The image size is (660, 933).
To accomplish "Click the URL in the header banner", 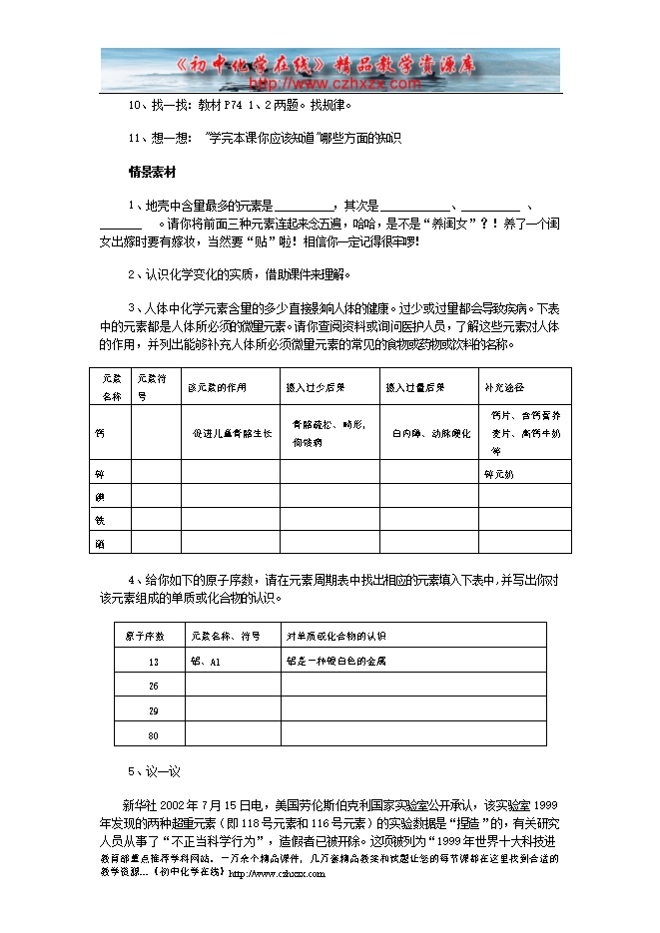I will (x=330, y=84).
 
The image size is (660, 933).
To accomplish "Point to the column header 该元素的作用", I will (x=217, y=386).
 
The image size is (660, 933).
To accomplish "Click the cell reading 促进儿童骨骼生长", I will (x=233, y=434).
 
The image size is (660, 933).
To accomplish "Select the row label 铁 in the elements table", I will (x=99, y=519).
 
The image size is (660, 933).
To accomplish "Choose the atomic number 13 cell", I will (x=153, y=661).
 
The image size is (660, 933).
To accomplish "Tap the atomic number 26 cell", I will (x=153, y=686).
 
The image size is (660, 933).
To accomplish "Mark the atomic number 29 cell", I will (x=153, y=710).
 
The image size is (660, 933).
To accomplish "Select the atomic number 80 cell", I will (x=153, y=735).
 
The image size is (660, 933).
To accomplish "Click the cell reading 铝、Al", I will (x=205, y=661).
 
